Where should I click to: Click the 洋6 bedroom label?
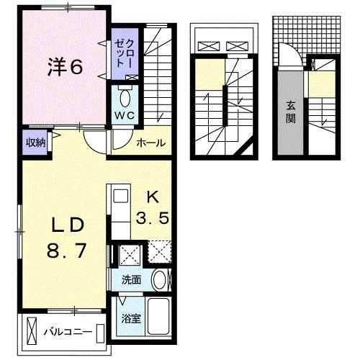(x=66, y=67)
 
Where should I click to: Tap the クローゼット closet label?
(x=125, y=53)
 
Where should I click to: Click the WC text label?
(x=125, y=116)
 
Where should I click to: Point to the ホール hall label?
(x=151, y=143)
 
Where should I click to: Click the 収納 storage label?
(x=35, y=143)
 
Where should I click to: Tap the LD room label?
(x=68, y=225)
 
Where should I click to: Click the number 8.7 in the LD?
(x=66, y=251)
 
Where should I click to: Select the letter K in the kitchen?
(x=153, y=198)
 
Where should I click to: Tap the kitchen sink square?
(x=121, y=196)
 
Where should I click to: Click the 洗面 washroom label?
(x=131, y=280)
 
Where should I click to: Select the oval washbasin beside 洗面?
(x=160, y=280)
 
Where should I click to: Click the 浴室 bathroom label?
(x=131, y=319)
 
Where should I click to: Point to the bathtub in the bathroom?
(x=158, y=316)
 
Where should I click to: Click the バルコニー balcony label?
(x=68, y=333)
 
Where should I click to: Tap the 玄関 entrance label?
(x=291, y=112)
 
